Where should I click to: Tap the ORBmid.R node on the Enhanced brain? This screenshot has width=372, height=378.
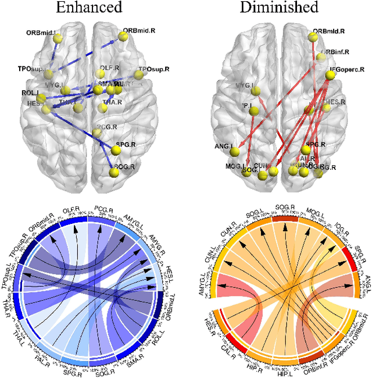click(x=123, y=36)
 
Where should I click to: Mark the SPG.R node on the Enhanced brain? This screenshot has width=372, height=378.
click(x=115, y=150)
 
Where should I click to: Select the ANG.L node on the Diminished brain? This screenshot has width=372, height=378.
click(x=235, y=152)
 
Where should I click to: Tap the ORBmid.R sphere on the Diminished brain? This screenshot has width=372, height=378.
click(x=313, y=37)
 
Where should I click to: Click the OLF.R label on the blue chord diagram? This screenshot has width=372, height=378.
click(x=71, y=209)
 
